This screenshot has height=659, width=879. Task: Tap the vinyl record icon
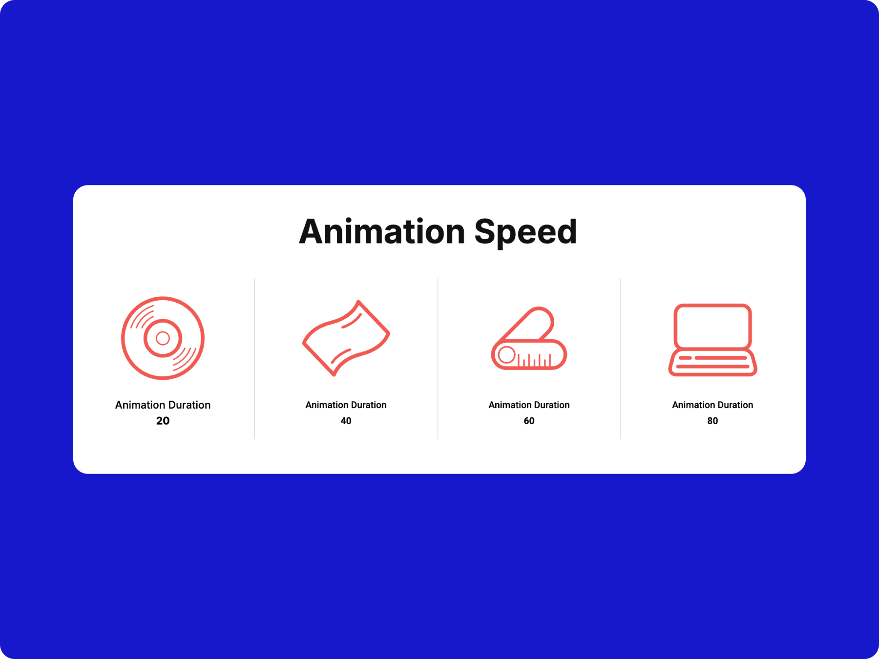tap(163, 338)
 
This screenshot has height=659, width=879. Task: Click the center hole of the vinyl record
tap(163, 338)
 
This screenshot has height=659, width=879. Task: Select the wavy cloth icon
tap(346, 338)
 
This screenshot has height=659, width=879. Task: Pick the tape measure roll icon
tap(529, 338)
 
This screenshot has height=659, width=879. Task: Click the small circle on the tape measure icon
tap(507, 355)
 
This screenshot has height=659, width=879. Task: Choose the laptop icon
tap(712, 340)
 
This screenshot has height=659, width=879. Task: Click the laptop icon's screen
tap(712, 326)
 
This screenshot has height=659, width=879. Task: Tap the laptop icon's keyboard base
tap(712, 363)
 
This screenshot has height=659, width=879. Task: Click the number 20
tap(163, 421)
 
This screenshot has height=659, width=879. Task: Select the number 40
tap(346, 421)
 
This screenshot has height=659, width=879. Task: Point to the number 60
tap(529, 421)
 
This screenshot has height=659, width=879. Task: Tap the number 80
tap(712, 421)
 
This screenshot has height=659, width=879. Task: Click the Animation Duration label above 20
tap(163, 405)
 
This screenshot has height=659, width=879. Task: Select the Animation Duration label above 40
tap(346, 405)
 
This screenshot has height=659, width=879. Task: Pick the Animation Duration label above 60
tap(529, 405)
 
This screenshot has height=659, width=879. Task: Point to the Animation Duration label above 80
tap(712, 405)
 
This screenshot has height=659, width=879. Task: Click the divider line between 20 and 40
tap(254, 359)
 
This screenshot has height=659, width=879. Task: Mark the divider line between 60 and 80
tap(621, 359)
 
